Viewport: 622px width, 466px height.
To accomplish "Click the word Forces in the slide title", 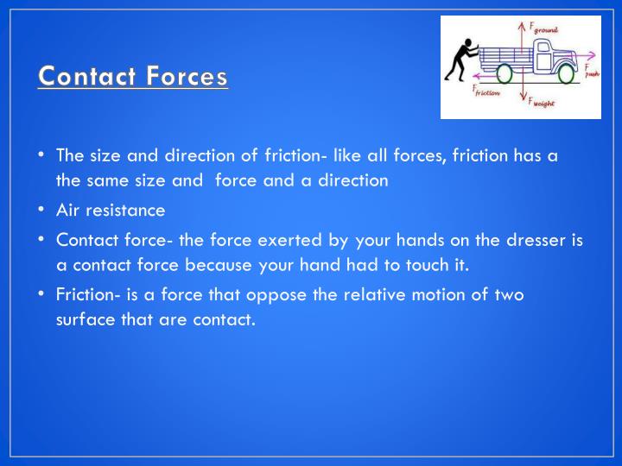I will (x=187, y=77).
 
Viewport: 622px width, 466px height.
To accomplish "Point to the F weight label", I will (x=543, y=101).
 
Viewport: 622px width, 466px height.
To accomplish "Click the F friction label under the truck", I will (x=486, y=91).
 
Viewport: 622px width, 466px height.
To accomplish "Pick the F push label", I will (x=590, y=71).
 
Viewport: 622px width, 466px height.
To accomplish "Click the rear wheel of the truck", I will (x=504, y=75).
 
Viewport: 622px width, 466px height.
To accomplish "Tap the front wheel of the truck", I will (x=565, y=75).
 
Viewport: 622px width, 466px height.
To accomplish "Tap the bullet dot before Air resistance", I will (x=41, y=210).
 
